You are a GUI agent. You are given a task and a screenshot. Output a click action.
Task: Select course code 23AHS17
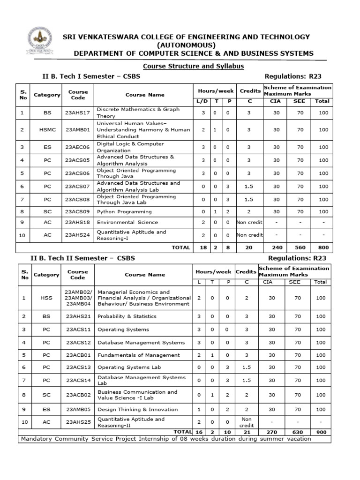[x=77, y=112]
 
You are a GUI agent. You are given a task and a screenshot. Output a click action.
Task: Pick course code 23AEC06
[x=77, y=147]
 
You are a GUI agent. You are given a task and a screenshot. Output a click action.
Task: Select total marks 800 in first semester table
[x=323, y=247]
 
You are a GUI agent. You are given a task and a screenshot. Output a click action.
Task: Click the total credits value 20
[x=249, y=247]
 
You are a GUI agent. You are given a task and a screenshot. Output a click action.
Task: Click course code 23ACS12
[x=77, y=342]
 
